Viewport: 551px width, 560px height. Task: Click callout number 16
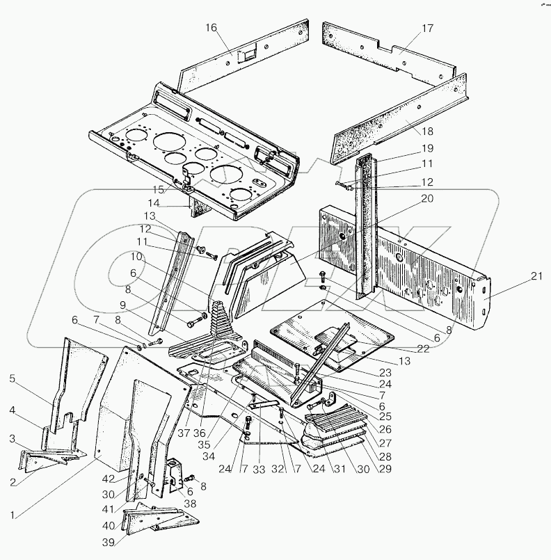[211, 28]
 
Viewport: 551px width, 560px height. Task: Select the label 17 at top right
[426, 29]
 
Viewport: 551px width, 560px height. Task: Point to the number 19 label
[426, 148]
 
